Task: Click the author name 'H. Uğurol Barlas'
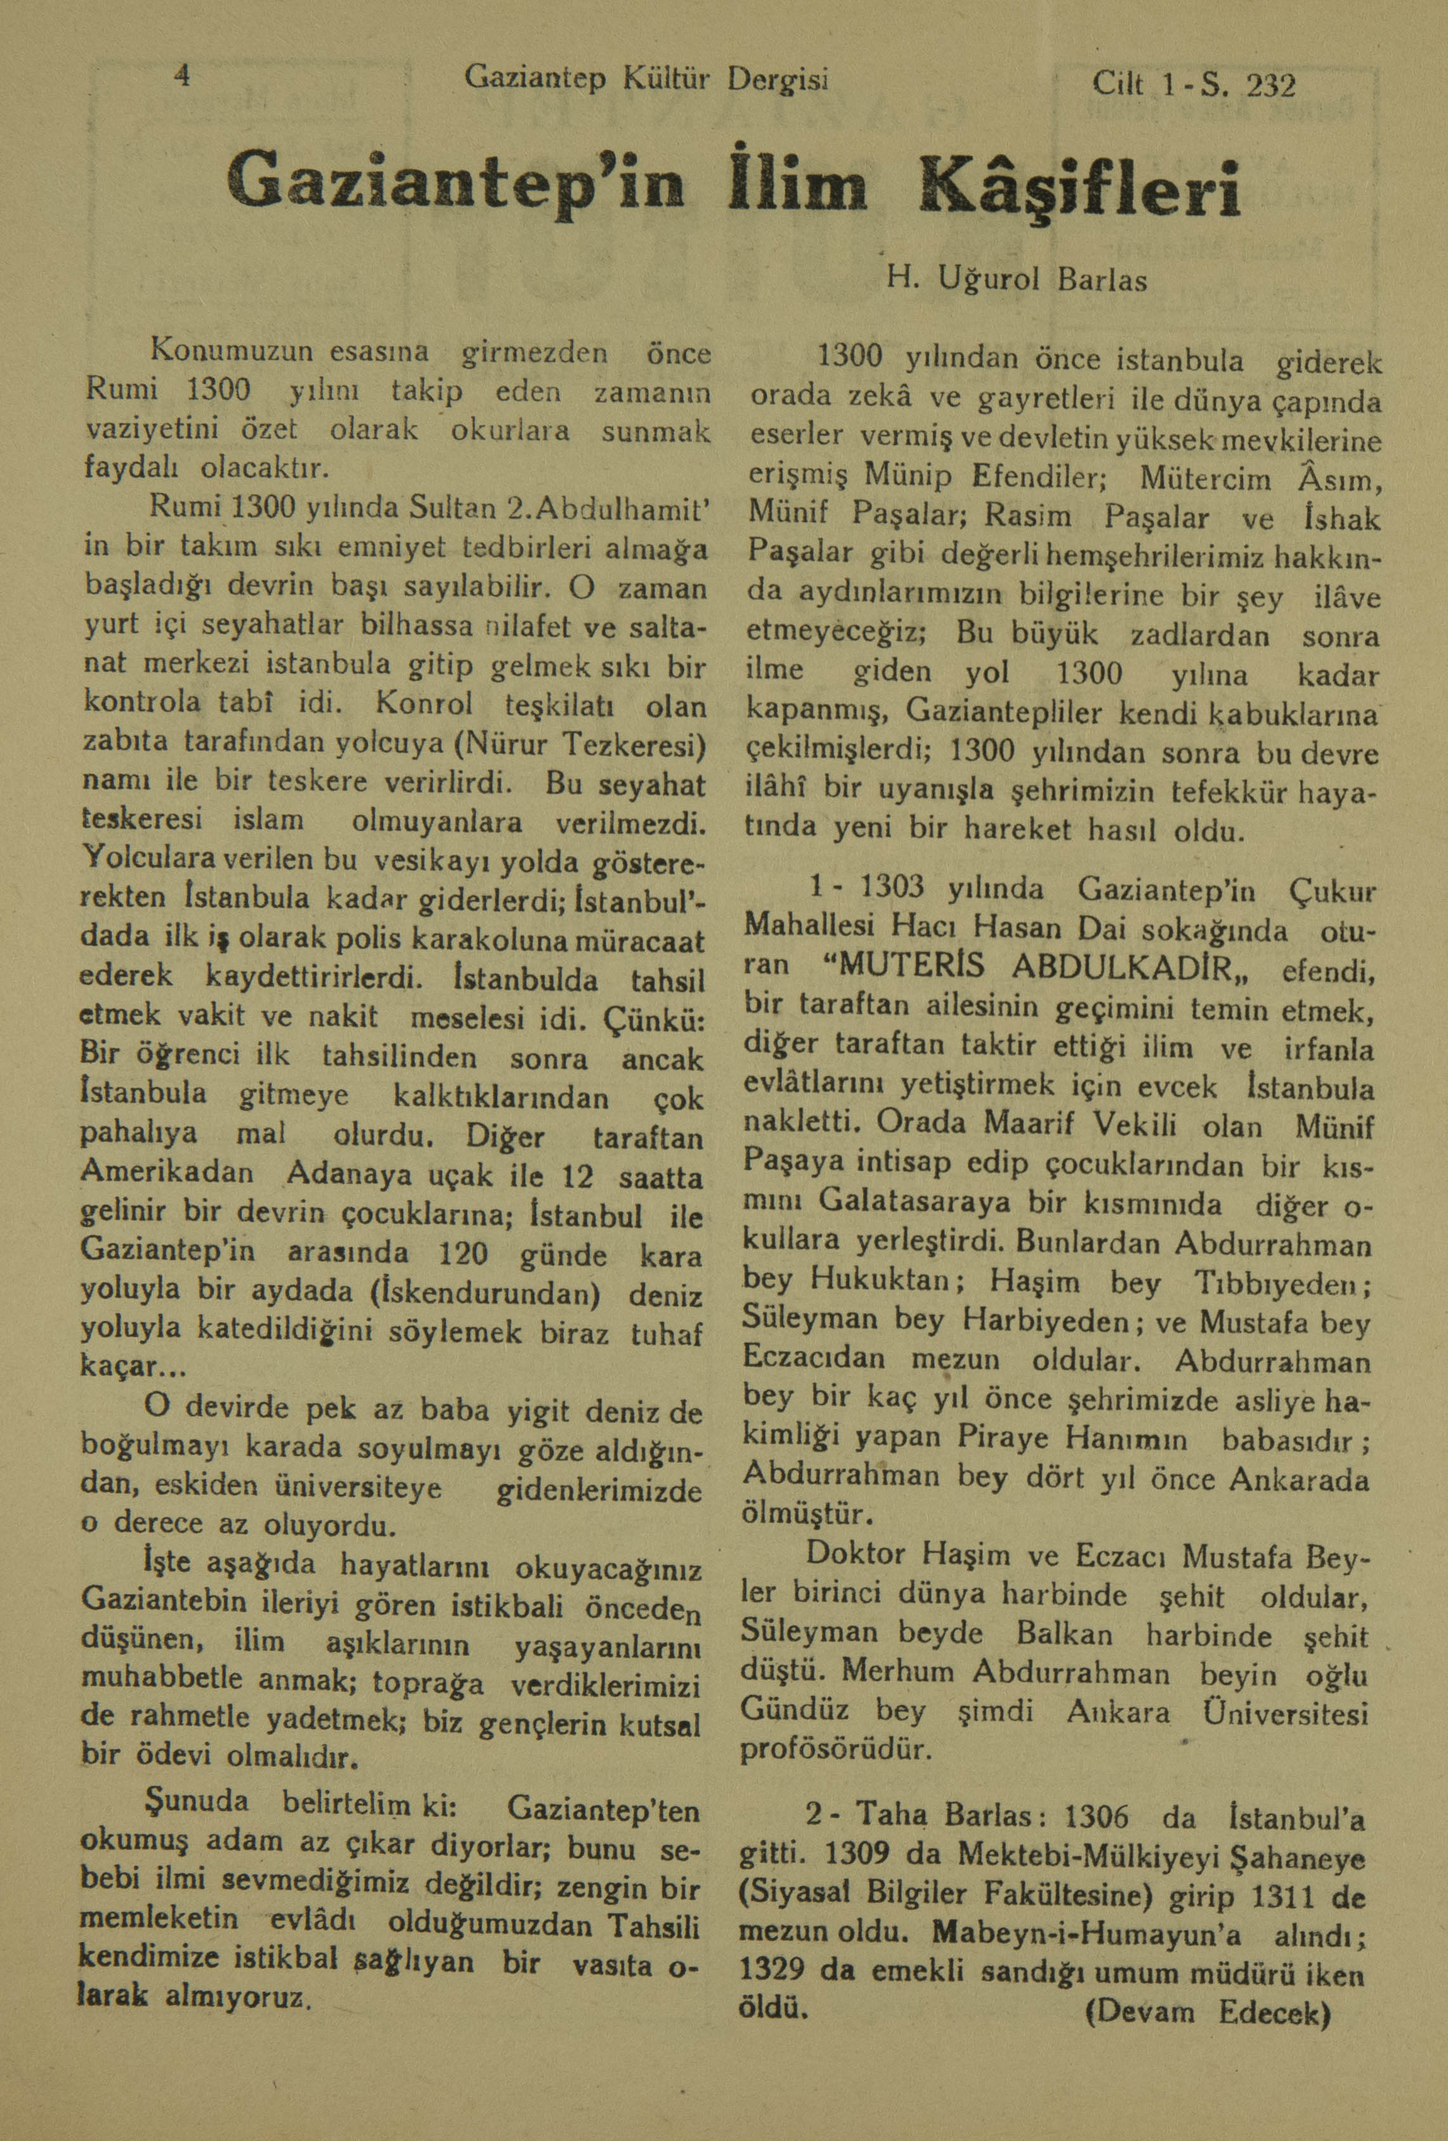[1017, 279]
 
